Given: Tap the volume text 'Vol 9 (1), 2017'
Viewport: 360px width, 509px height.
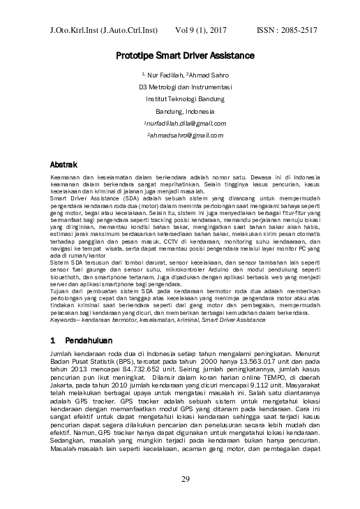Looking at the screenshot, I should [202, 31].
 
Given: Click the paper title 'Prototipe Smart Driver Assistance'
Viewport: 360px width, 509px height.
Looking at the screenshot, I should [185, 55].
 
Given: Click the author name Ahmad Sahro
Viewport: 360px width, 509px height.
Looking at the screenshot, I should [208, 74].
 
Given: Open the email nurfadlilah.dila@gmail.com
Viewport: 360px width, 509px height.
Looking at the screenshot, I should [185, 123].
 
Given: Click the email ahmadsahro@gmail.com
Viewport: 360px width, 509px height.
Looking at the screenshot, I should [185, 135].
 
